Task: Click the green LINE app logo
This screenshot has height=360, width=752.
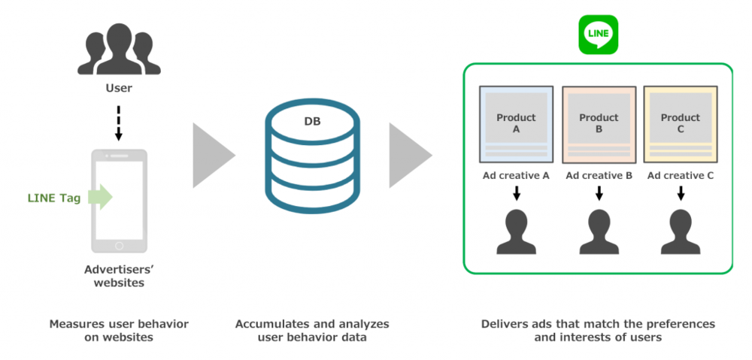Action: tap(598, 35)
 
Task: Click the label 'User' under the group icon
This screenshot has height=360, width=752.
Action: tap(119, 88)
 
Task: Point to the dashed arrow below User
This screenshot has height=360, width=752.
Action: tap(119, 123)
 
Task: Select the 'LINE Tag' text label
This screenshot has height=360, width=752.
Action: tap(54, 197)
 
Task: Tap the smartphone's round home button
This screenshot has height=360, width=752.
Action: tap(119, 246)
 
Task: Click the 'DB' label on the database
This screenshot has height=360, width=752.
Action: tap(312, 122)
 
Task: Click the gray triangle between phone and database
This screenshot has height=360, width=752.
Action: tap(214, 156)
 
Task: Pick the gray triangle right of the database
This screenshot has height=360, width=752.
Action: tap(411, 156)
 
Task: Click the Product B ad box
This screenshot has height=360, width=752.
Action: tap(599, 124)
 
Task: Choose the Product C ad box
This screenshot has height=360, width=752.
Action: tap(680, 124)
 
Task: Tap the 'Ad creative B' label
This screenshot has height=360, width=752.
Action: tap(599, 176)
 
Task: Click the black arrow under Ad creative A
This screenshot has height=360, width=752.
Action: tap(516, 193)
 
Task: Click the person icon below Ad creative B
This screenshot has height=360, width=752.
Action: tap(599, 232)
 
